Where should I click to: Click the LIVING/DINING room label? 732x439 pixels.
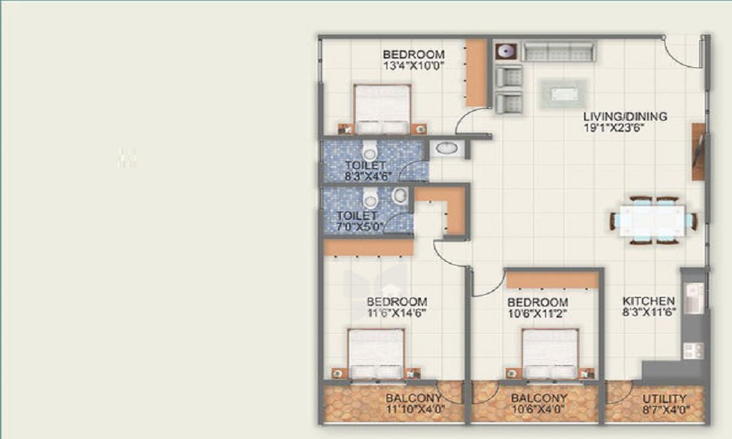point(625,116)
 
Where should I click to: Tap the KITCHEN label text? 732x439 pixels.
point(649,301)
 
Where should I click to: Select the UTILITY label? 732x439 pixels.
point(665,399)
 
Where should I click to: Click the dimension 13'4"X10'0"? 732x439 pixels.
point(413,66)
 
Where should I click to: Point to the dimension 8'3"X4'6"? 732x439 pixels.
point(368,176)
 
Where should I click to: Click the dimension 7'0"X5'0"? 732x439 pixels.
point(360,228)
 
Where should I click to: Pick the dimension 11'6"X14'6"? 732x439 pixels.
point(397,312)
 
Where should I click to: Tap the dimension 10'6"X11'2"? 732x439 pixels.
point(537,313)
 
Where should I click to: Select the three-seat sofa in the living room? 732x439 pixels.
point(559,51)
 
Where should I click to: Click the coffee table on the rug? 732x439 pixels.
point(564,94)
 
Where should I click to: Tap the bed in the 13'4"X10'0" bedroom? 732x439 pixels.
point(382,110)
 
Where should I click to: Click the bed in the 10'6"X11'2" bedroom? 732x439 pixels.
point(550,354)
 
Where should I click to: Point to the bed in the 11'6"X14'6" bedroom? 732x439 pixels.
point(376,354)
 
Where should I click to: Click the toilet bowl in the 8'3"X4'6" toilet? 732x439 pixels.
point(370,150)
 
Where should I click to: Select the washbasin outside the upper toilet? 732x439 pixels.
point(447,149)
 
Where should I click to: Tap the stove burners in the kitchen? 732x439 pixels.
point(693,350)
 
